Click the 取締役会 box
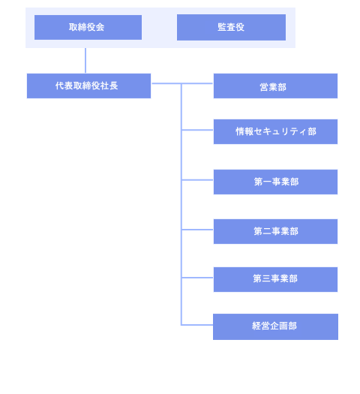[x=88, y=27]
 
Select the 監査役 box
[x=231, y=27]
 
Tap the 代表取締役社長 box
[x=88, y=86]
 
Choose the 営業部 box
[x=275, y=86]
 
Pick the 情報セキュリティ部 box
[x=275, y=131]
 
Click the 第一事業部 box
[x=275, y=182]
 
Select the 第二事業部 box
[x=275, y=231]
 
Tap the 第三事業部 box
[x=275, y=279]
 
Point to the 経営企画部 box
[x=275, y=326]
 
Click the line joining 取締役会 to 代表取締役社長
[x=85, y=61]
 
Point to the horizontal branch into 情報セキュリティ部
[x=197, y=130]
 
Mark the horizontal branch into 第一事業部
[x=197, y=180]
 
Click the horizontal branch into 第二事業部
[x=197, y=230]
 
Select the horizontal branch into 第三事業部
[x=197, y=278]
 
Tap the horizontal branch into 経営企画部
[x=197, y=325]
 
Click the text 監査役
[x=231, y=27]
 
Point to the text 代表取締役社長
[x=86, y=86]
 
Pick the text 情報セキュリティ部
[x=276, y=131]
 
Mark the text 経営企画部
[x=274, y=326]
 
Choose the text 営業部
[x=273, y=87]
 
